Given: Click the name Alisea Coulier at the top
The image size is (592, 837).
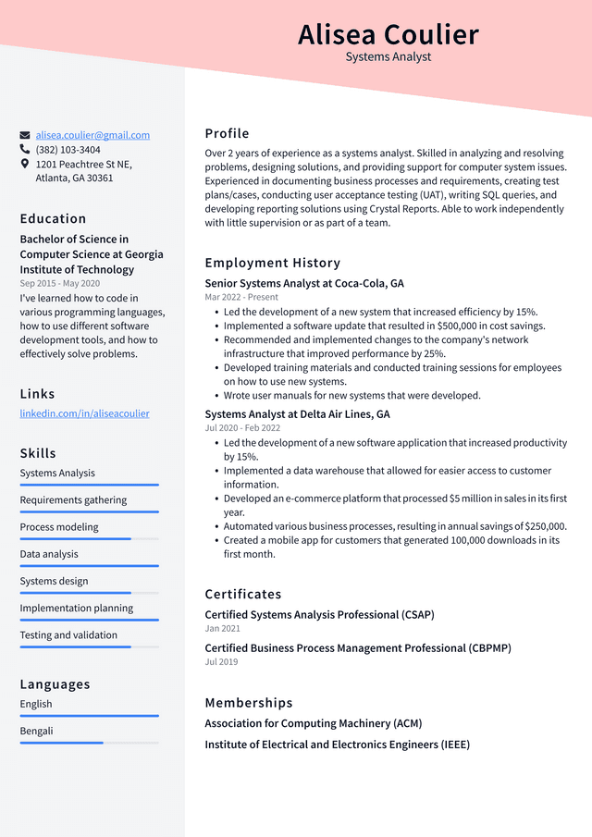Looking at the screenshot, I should (388, 34).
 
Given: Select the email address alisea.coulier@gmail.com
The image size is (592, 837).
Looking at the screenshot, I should (92, 135).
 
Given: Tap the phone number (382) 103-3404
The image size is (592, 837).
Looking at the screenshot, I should (68, 150).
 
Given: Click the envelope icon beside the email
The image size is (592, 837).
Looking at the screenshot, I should (25, 135).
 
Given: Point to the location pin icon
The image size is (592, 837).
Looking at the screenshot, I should (25, 164).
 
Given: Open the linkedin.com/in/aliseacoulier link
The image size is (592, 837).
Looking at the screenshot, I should (84, 413).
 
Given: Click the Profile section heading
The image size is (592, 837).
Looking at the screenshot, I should (227, 133).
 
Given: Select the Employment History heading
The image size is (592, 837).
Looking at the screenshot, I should (272, 263).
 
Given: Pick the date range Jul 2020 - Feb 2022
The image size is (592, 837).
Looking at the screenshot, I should (242, 428).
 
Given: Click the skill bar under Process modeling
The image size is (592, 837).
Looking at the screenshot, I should (89, 538).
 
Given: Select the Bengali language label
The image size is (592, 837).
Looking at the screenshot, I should (37, 731).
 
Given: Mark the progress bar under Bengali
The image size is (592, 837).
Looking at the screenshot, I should (89, 742).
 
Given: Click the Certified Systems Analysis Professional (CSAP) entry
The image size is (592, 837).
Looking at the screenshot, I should (319, 615).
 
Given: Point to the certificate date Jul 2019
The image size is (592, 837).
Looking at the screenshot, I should (221, 662).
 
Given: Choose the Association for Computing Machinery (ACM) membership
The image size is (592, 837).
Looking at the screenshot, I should (313, 723).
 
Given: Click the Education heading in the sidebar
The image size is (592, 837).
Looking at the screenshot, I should (53, 219).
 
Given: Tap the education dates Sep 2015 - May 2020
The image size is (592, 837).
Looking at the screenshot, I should (59, 283).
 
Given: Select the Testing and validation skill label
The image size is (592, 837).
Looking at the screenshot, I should (68, 635).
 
